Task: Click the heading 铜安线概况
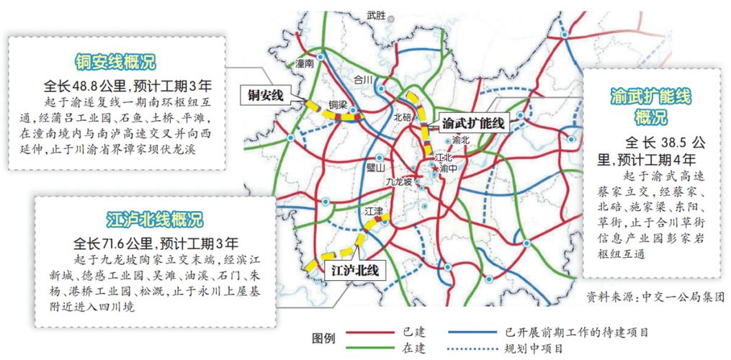[115, 60]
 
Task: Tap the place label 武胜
[376, 14]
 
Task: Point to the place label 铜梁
[338, 105]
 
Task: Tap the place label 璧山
[375, 168]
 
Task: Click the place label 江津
[375, 210]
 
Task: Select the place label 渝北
[460, 140]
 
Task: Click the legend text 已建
[417, 332]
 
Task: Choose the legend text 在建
[417, 348]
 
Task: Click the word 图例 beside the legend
[325, 338]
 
